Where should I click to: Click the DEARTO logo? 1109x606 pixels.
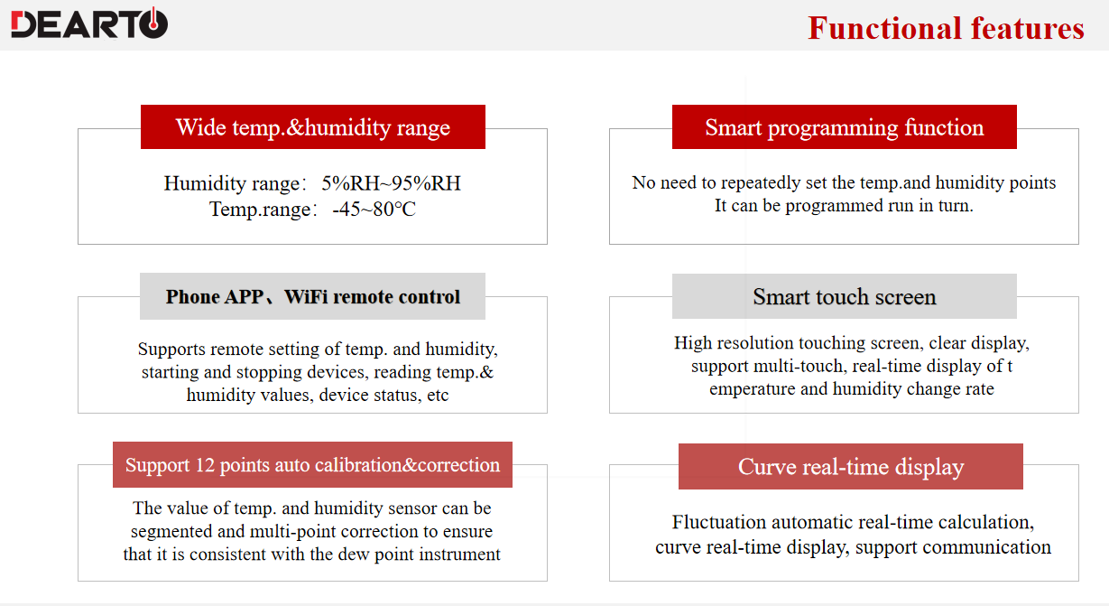pos(89,23)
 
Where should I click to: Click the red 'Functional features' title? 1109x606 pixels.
pos(946,28)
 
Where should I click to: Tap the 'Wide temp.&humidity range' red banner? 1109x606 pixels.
pos(313,126)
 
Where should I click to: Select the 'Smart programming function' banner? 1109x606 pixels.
pos(844,126)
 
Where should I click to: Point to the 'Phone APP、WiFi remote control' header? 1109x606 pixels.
pos(312,296)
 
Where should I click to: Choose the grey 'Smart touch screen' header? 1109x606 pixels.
pos(844,296)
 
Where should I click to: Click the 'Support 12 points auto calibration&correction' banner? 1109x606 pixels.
pos(312,465)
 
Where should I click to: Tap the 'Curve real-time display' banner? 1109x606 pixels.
pos(851,466)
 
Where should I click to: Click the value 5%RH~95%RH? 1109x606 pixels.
pos(391,183)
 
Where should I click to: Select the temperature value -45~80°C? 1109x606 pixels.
pos(374,210)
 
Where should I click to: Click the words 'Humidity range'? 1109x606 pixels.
pos(231,184)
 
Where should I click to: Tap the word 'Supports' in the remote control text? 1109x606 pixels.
pos(171,350)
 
